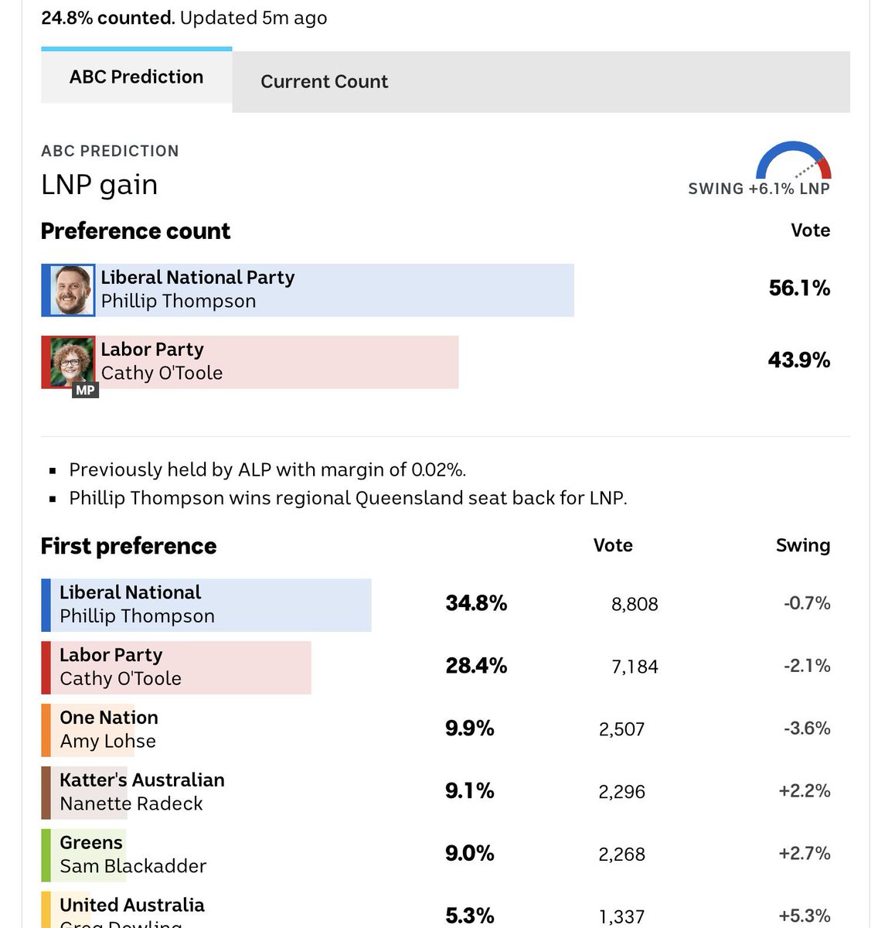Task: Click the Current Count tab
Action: coord(324,82)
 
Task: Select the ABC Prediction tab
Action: coord(136,77)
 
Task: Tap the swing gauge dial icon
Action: coord(794,161)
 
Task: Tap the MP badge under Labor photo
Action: coord(85,391)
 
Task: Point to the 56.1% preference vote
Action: coord(799,288)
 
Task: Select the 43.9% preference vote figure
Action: coord(799,360)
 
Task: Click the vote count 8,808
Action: coord(635,605)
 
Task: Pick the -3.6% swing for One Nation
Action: coord(807,728)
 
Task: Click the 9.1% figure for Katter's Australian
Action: coord(469,791)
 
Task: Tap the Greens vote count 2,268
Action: coord(621,855)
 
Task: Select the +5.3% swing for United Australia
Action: coord(805,916)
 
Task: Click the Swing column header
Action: coord(802,546)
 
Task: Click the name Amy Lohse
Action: coord(107,742)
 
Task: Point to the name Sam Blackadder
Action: coord(133,866)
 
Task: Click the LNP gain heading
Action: coord(99,186)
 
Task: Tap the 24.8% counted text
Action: coord(107,18)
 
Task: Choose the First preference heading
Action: coord(128,546)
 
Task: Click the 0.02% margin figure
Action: coord(437,470)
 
